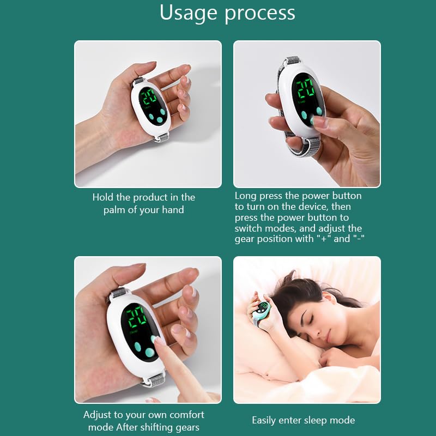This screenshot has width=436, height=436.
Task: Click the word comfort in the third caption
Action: click(184, 415)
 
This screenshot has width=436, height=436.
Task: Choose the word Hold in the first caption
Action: click(103, 197)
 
